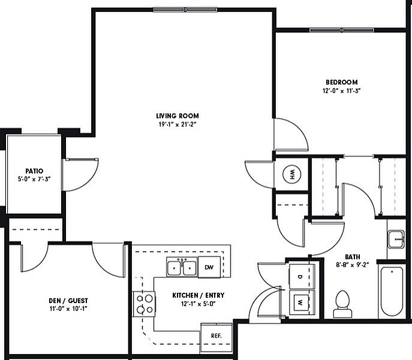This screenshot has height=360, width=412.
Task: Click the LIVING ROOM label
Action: [x=177, y=116]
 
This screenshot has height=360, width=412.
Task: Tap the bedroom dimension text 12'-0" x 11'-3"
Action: [x=341, y=91]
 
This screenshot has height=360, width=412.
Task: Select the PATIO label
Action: [x=33, y=171]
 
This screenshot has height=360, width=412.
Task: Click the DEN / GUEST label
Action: [x=68, y=301]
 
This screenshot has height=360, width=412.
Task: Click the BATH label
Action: [x=352, y=255]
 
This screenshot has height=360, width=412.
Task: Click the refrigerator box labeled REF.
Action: [x=216, y=335]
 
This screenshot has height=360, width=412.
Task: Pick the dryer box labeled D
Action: [x=300, y=277]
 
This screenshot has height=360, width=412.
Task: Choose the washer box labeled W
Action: [x=300, y=302]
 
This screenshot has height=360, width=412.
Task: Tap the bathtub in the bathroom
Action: [x=391, y=291]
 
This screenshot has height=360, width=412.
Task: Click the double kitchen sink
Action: [x=182, y=267]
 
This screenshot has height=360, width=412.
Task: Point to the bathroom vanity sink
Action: [x=396, y=240]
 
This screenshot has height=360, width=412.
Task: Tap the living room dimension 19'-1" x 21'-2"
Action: [x=177, y=125]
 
